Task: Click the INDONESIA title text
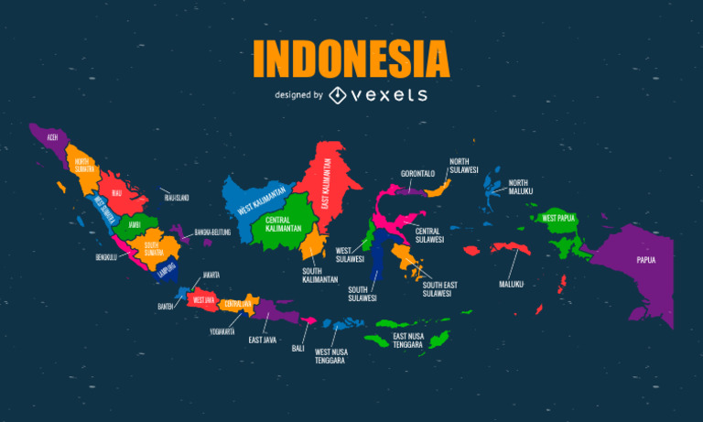351,59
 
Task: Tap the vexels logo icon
338,95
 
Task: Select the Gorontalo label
417,173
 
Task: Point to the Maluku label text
511,284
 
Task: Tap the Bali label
298,348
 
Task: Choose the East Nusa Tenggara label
407,341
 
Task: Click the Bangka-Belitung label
213,233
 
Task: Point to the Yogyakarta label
222,331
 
